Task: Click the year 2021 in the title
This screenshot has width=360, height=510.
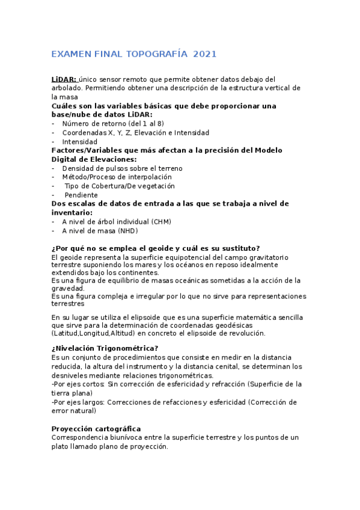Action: coord(205,54)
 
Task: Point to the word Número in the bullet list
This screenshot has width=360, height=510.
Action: coord(76,123)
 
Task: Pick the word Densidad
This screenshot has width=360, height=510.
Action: coord(78,168)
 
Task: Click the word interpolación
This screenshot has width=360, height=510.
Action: coord(151,177)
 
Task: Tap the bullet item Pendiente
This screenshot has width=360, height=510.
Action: coord(81,195)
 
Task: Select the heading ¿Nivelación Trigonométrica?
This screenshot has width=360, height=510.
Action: coord(105,348)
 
